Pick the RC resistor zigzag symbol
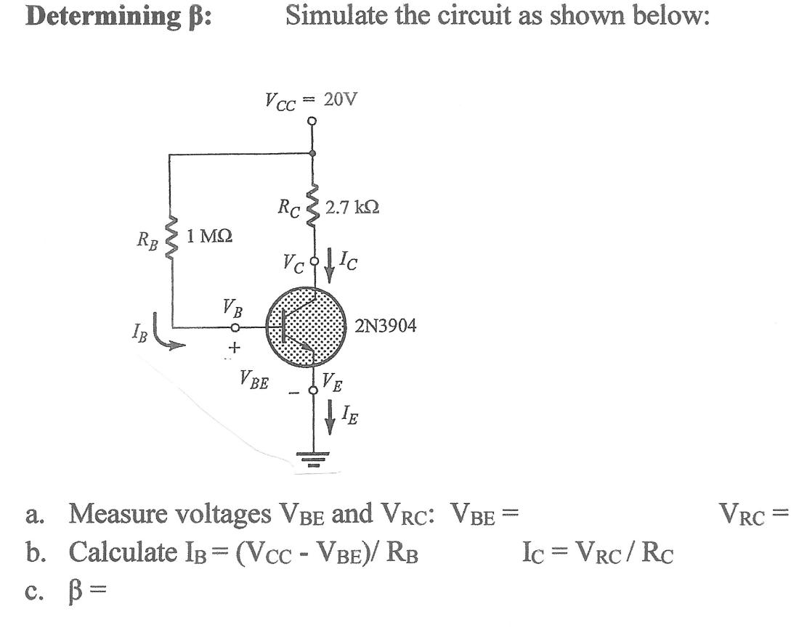(x=314, y=208)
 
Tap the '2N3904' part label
(x=386, y=326)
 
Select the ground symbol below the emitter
(x=313, y=455)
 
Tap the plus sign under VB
(x=233, y=349)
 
